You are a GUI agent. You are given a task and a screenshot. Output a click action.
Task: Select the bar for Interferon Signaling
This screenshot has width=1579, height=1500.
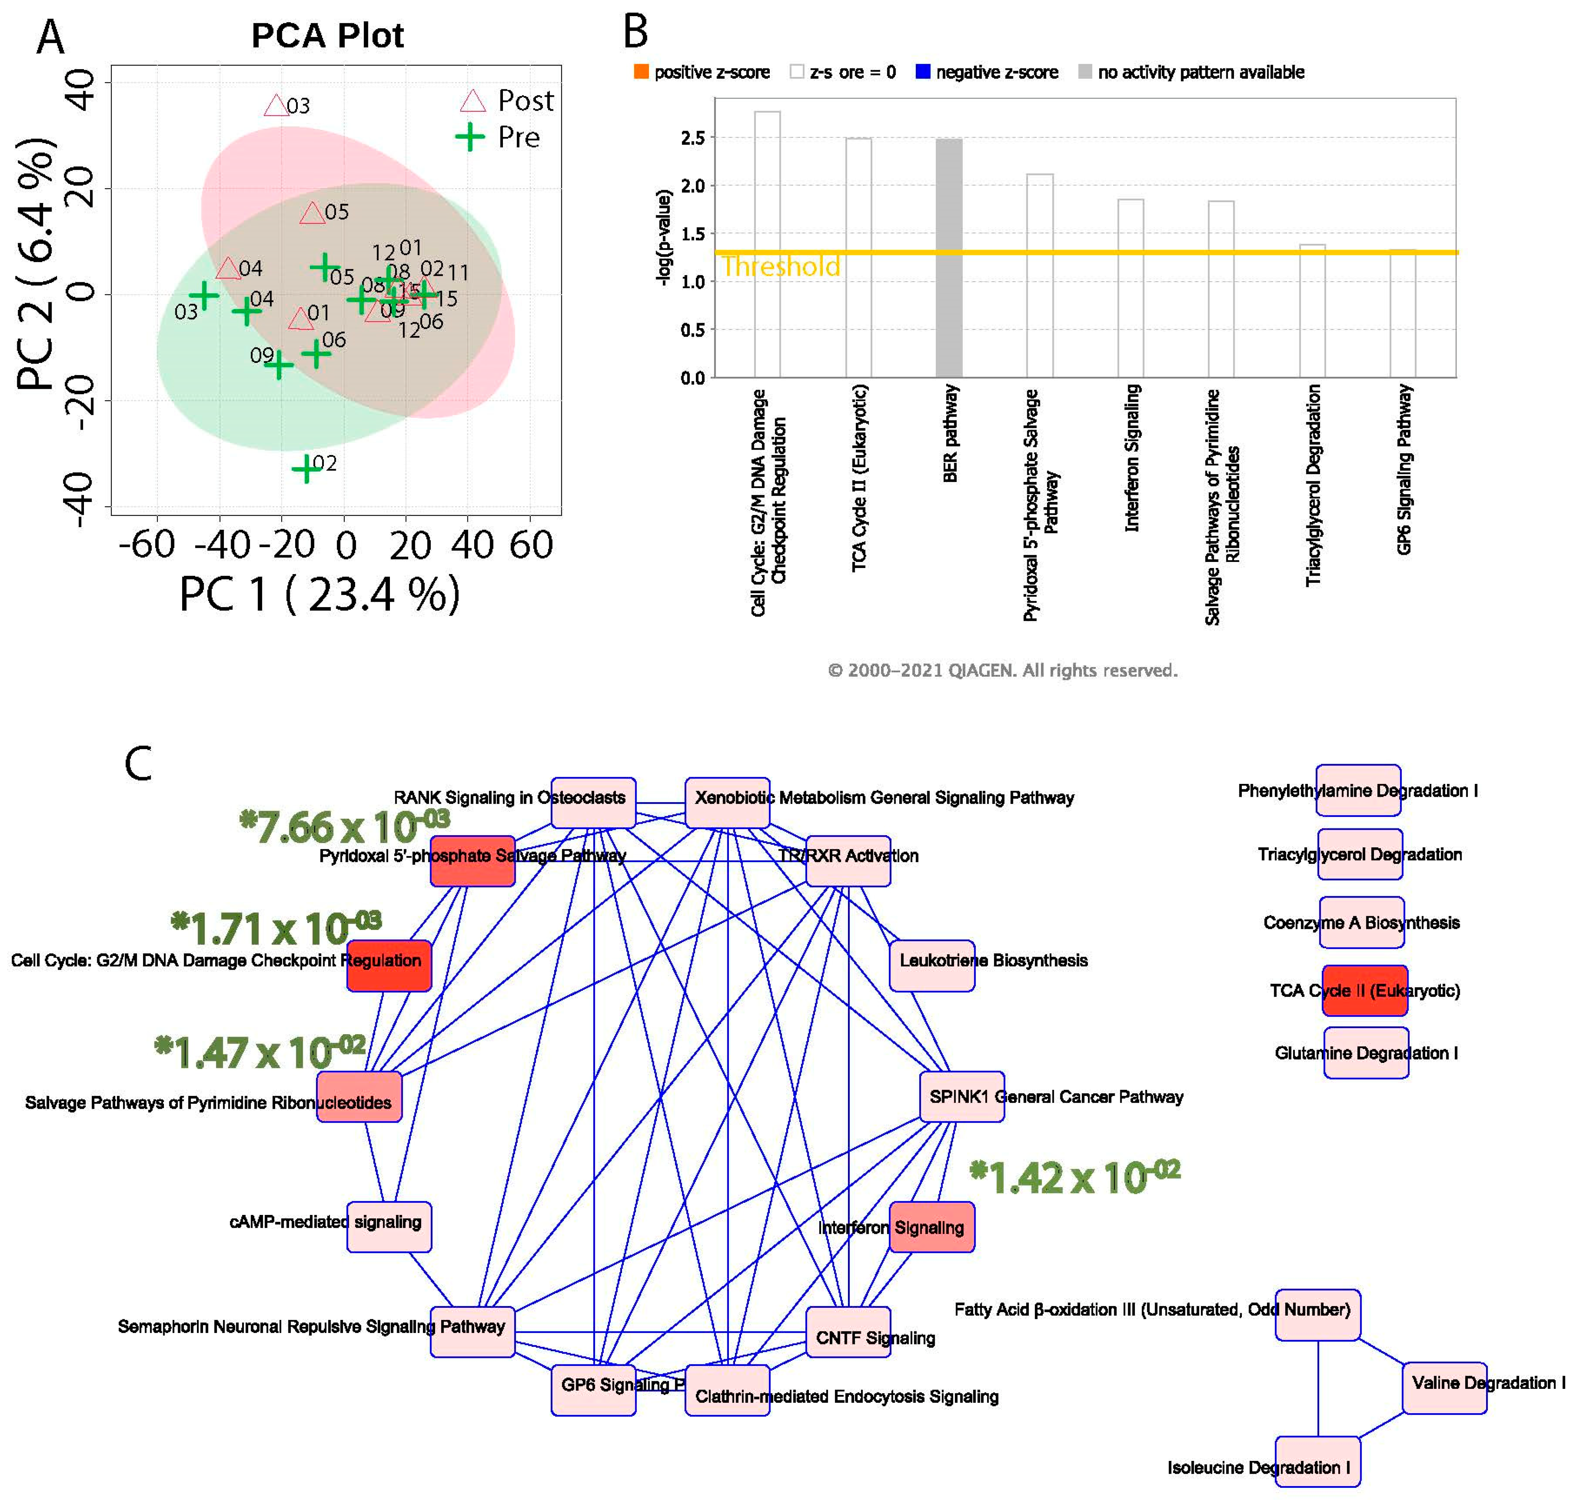tap(1130, 288)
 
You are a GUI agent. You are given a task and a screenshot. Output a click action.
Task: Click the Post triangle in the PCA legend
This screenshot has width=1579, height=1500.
tap(473, 101)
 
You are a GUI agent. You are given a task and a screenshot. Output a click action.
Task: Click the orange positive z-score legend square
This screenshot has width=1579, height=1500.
tap(641, 72)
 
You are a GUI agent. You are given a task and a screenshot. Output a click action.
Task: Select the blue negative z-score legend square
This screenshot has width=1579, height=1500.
tap(923, 72)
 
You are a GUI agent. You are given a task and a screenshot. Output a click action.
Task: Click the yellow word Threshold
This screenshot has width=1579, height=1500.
tap(781, 266)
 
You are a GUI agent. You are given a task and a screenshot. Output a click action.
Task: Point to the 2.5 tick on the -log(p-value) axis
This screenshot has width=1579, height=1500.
tap(693, 138)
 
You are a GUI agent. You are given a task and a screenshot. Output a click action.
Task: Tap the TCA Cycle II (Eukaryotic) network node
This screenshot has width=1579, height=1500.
tap(1364, 991)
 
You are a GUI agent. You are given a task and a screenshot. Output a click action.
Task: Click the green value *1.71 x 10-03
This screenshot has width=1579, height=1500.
tap(276, 928)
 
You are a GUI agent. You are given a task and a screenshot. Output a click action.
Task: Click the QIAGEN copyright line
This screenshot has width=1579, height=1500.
tap(1002, 670)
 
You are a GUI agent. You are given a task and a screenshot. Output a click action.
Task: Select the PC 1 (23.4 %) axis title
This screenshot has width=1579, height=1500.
tap(320, 595)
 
